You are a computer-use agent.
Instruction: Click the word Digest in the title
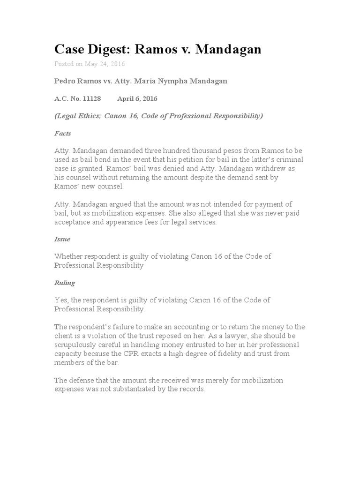coord(111,50)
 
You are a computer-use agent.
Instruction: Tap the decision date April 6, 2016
coord(137,98)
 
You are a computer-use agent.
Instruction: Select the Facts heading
coord(63,133)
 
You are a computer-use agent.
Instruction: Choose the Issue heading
coord(62,239)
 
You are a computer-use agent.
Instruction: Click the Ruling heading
coord(65,283)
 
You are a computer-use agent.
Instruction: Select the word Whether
coord(68,256)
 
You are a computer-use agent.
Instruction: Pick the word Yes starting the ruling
coord(61,300)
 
